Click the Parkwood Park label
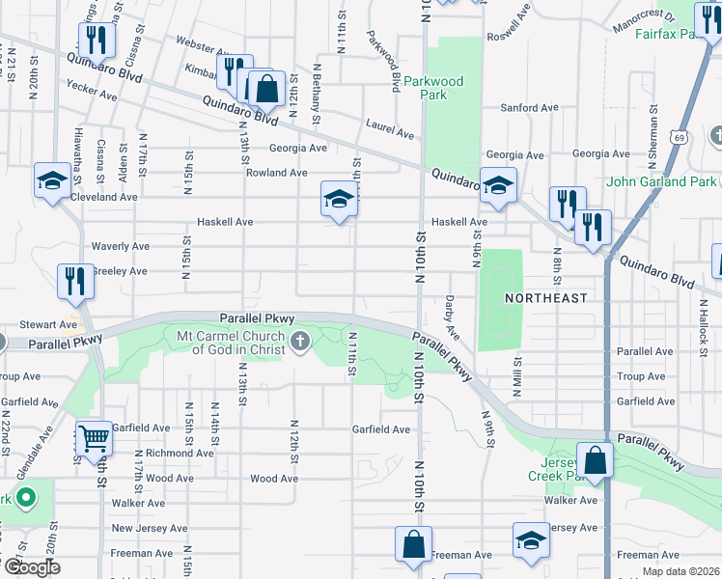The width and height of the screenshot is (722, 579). click(433, 88)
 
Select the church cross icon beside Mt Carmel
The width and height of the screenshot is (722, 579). click(300, 340)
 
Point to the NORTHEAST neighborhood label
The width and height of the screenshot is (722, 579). click(546, 298)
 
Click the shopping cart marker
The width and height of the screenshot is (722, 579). click(95, 439)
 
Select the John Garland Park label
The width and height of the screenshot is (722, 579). click(661, 181)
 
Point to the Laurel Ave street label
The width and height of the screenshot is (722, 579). click(390, 124)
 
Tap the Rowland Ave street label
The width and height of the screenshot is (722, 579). click(276, 173)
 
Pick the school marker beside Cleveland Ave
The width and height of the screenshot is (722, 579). click(52, 180)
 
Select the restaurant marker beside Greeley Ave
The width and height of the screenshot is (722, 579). click(74, 281)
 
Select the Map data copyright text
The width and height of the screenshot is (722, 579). click(680, 571)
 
